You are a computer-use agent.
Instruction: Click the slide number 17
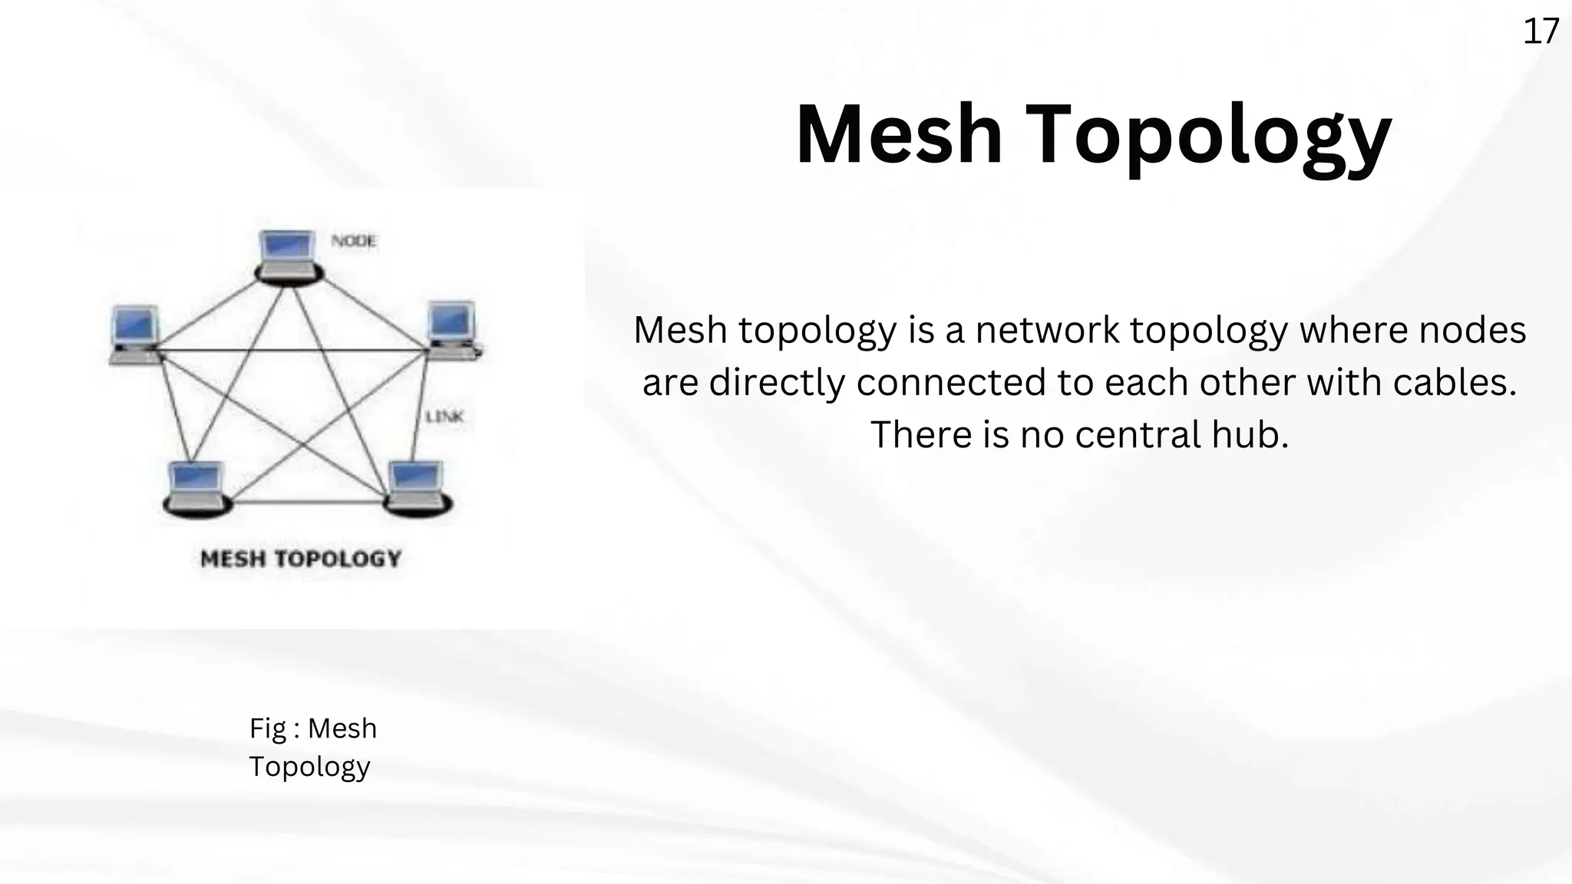pyautogui.click(x=1541, y=32)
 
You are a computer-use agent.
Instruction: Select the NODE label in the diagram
pyautogui.click(x=354, y=241)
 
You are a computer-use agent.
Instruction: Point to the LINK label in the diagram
pyautogui.click(x=445, y=417)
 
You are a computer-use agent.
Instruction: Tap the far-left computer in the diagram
pyautogui.click(x=135, y=334)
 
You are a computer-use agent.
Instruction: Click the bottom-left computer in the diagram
pyautogui.click(x=196, y=488)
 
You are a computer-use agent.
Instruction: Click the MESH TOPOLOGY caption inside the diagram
pyautogui.click(x=301, y=559)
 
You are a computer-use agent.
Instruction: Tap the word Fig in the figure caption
pyautogui.click(x=266, y=728)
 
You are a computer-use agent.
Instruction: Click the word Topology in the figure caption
pyautogui.click(x=309, y=767)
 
